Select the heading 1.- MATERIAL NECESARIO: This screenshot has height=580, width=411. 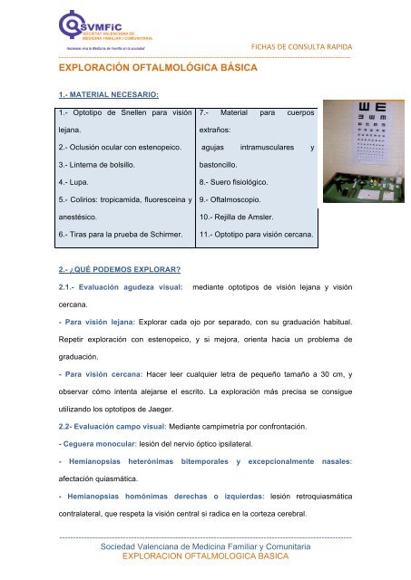pyautogui.click(x=108, y=94)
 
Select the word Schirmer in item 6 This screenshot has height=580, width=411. pyautogui.click(x=164, y=235)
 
